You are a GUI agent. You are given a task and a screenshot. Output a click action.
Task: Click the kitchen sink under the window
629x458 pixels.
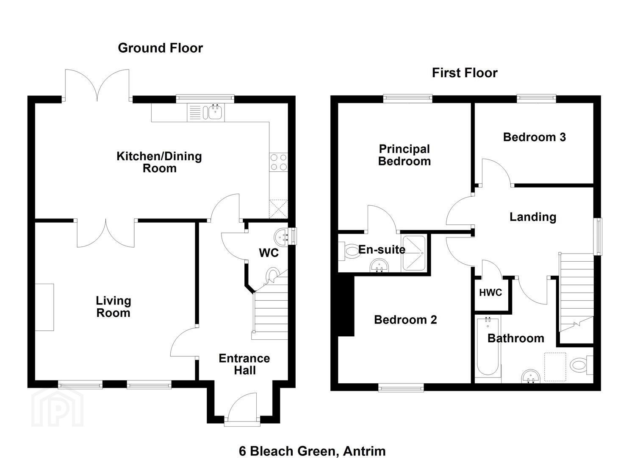[x=214, y=112]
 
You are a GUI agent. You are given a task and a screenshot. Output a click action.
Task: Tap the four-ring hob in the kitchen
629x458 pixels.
[x=278, y=162]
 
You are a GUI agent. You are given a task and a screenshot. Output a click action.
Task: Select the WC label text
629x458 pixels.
[x=269, y=253]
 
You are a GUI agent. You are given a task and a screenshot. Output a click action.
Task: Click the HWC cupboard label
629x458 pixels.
[x=490, y=293]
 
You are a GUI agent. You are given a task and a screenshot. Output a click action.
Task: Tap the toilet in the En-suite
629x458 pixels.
[x=350, y=251]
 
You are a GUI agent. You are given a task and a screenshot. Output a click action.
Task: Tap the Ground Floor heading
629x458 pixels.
[x=160, y=48]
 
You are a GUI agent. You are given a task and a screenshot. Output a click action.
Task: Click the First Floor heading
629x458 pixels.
[x=464, y=73]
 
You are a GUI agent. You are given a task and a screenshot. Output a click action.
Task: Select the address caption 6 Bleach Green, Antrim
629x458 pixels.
[x=312, y=451]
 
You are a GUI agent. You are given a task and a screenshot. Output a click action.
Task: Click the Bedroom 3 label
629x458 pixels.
[x=534, y=137]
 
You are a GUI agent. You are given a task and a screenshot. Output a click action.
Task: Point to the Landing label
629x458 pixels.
[x=532, y=217]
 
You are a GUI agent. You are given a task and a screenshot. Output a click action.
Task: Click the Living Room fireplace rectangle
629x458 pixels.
[x=44, y=307]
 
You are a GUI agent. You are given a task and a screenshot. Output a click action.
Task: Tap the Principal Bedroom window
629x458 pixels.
[x=408, y=98]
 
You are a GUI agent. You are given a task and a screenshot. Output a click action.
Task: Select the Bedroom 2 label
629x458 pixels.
[x=405, y=320]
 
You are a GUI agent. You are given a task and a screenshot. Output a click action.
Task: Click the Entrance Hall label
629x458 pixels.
[x=244, y=364]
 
